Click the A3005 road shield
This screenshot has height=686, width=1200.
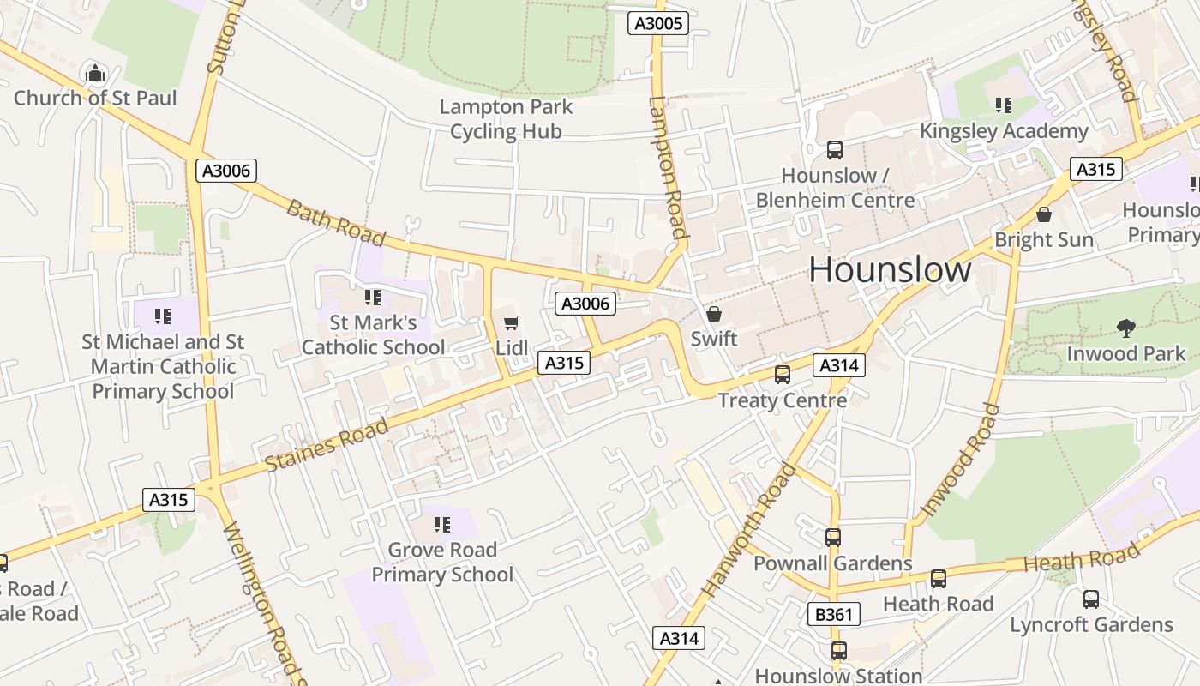pos(658,23)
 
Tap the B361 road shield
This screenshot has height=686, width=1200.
pos(833,614)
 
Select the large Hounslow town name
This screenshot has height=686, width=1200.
pos(890,270)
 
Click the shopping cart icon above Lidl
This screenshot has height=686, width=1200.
pos(512,323)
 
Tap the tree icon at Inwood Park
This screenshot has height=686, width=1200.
pos(1125,328)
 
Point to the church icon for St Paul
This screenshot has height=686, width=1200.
pos(95,73)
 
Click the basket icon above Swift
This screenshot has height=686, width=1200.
pos(713,314)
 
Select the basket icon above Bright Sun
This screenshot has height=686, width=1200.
pos(1043,214)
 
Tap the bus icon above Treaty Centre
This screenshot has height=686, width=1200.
pos(782,375)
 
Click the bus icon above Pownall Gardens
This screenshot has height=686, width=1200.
pos(832,538)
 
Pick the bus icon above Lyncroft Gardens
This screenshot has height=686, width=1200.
pos(1090,599)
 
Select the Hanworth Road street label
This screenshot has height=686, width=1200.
pos(749,530)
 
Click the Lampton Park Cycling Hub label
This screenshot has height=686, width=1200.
pos(506,119)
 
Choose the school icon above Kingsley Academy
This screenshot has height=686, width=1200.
pos(1003,105)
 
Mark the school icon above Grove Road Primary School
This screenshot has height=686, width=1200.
pos(442,524)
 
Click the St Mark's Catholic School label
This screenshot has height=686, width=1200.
pos(373,335)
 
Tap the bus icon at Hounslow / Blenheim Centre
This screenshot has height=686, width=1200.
pos(834,150)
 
